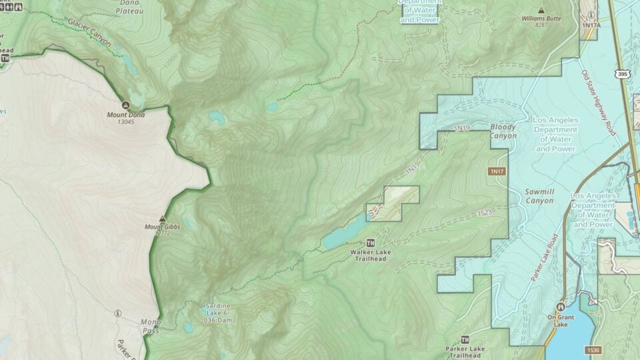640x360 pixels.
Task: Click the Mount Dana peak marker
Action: [x=125, y=105]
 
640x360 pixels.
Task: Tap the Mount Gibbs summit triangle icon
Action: [x=162, y=219]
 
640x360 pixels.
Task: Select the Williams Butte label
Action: [x=541, y=19]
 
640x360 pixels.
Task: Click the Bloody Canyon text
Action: [x=503, y=131]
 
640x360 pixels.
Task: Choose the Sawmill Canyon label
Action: [x=539, y=195]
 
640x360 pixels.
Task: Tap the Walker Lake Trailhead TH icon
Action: [x=371, y=242]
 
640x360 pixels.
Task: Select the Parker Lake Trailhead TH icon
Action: [x=465, y=339]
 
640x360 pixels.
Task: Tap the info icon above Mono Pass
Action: [x=118, y=313]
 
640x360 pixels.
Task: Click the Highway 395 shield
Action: [x=622, y=73]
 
